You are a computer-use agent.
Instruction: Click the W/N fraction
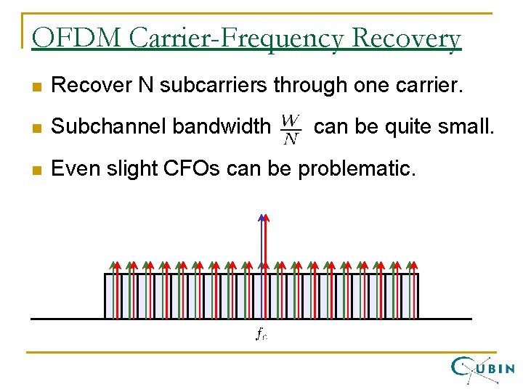(x=291, y=128)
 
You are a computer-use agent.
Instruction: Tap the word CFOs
(x=194, y=169)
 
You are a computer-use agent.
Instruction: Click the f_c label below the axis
(x=261, y=335)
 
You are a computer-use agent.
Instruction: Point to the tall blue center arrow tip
(x=261, y=217)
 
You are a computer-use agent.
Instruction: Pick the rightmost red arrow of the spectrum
(x=415, y=290)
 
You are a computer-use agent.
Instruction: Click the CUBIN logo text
(x=496, y=368)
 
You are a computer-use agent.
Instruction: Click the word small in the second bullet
(x=470, y=128)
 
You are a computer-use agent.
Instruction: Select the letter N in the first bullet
(x=146, y=86)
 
